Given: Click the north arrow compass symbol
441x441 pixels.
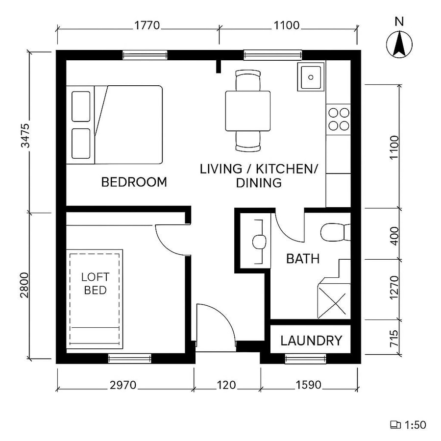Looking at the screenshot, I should (x=399, y=44).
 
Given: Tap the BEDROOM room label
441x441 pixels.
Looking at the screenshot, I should (x=134, y=182).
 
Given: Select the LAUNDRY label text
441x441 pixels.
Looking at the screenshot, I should (x=311, y=341).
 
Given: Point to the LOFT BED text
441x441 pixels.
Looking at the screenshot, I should (x=96, y=284).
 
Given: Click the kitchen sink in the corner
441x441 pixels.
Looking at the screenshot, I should (x=311, y=76).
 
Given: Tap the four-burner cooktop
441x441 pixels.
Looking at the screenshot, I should (x=339, y=118).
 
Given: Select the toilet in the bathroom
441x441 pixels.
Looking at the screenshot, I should (x=335, y=232).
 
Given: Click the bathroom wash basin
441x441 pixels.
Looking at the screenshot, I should (x=258, y=241).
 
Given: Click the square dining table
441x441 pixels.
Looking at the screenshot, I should (x=248, y=111).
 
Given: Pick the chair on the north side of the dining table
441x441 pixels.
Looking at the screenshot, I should (x=248, y=80).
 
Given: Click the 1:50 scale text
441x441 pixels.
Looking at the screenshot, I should (x=415, y=425).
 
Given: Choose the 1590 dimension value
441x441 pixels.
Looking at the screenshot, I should (x=308, y=385).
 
